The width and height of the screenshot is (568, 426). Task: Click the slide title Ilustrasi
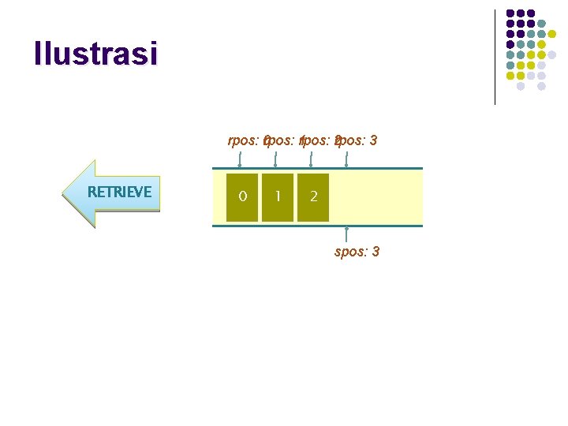(x=95, y=54)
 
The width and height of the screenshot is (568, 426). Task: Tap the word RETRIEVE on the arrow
(x=119, y=192)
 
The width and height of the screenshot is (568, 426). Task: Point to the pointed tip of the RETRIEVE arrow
(x=65, y=194)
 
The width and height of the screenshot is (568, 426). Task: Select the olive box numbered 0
(x=242, y=196)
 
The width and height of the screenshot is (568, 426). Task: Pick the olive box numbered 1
(x=278, y=196)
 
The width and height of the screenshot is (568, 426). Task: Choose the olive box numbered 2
(x=313, y=196)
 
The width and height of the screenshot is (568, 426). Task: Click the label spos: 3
(x=357, y=252)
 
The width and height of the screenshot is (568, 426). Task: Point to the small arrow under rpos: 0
(x=240, y=159)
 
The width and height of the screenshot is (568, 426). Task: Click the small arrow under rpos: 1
(x=275, y=159)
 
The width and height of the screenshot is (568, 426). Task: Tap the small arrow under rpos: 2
(x=311, y=159)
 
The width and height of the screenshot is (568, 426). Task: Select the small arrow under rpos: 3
(x=346, y=159)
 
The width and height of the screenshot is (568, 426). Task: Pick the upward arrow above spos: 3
(x=347, y=234)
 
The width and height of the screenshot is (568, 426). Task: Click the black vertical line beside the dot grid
(x=495, y=57)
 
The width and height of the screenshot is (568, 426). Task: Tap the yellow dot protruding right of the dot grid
(x=552, y=55)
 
